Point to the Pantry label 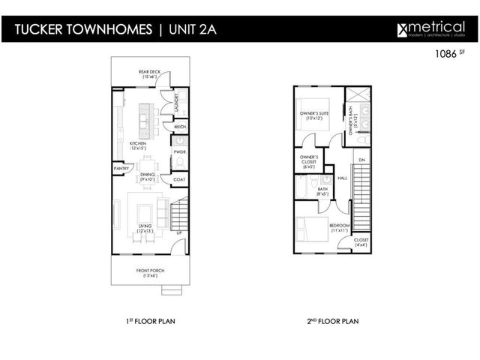(121, 169)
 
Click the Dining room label (148, 176)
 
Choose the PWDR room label (180, 152)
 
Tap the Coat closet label (179, 179)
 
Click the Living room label (147, 229)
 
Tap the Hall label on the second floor (342, 178)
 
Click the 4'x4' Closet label (361, 241)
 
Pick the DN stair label (361, 160)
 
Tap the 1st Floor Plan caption (151, 321)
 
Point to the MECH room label (180, 127)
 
